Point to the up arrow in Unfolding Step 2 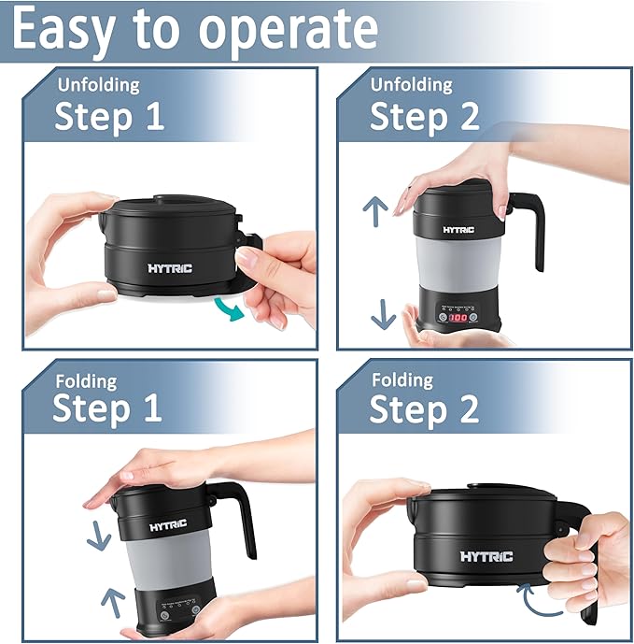(x=375, y=212)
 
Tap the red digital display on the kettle (x=458, y=318)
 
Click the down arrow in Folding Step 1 (x=98, y=536)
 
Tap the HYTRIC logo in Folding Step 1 (x=162, y=526)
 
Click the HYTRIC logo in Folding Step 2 (x=486, y=557)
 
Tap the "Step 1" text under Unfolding (x=108, y=117)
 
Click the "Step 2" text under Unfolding (x=424, y=117)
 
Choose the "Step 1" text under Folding (x=106, y=408)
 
